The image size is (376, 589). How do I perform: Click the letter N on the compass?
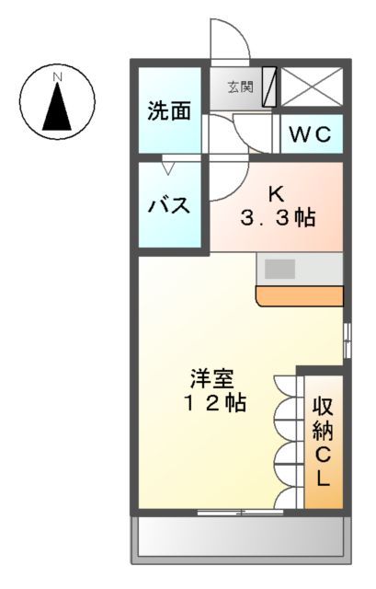tap(57, 75)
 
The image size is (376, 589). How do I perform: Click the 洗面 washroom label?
tap(169, 110)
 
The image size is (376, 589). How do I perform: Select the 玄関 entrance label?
tap(239, 88)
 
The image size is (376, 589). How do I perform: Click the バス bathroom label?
tap(169, 204)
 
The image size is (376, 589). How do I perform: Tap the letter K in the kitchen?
tap(276, 193)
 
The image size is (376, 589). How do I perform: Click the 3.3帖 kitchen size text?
tap(278, 218)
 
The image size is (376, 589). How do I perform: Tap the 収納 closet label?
tap(322, 417)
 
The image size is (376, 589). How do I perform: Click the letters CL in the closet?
tap(322, 467)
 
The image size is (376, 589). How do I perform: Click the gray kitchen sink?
tap(280, 270)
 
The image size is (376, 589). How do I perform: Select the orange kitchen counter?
tap(299, 295)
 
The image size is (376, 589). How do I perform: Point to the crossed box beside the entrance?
tap(312, 87)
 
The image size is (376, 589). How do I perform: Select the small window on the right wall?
tap(348, 340)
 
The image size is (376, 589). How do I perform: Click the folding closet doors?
tap(285, 442)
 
